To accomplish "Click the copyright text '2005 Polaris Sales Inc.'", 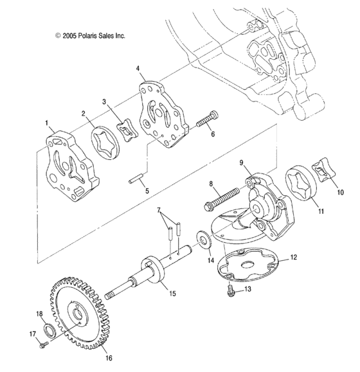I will (x=89, y=36).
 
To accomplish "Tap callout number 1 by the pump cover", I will (x=46, y=121).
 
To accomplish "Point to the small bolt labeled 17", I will (x=42, y=346).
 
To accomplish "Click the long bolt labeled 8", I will (x=222, y=198).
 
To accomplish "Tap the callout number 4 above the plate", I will (x=138, y=67).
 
